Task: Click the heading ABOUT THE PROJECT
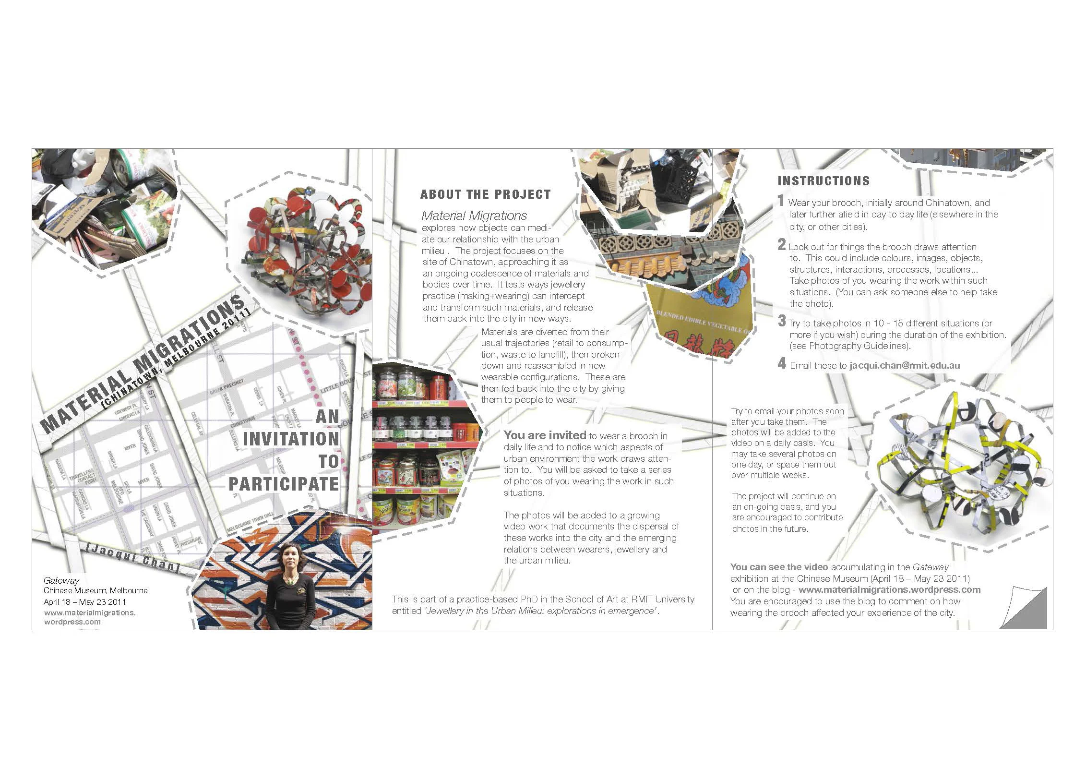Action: tap(485, 194)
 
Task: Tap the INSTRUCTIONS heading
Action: tap(823, 181)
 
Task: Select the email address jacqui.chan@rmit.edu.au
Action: tap(905, 365)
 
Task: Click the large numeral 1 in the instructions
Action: tap(781, 201)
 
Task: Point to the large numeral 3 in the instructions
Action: tap(782, 321)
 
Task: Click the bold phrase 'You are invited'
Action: tap(545, 435)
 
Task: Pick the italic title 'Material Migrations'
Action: tap(474, 216)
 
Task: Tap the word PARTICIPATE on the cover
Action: tap(284, 484)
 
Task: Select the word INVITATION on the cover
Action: tap(291, 439)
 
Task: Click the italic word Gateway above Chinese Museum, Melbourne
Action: tap(61, 580)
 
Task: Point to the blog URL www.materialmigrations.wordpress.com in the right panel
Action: tap(889, 589)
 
